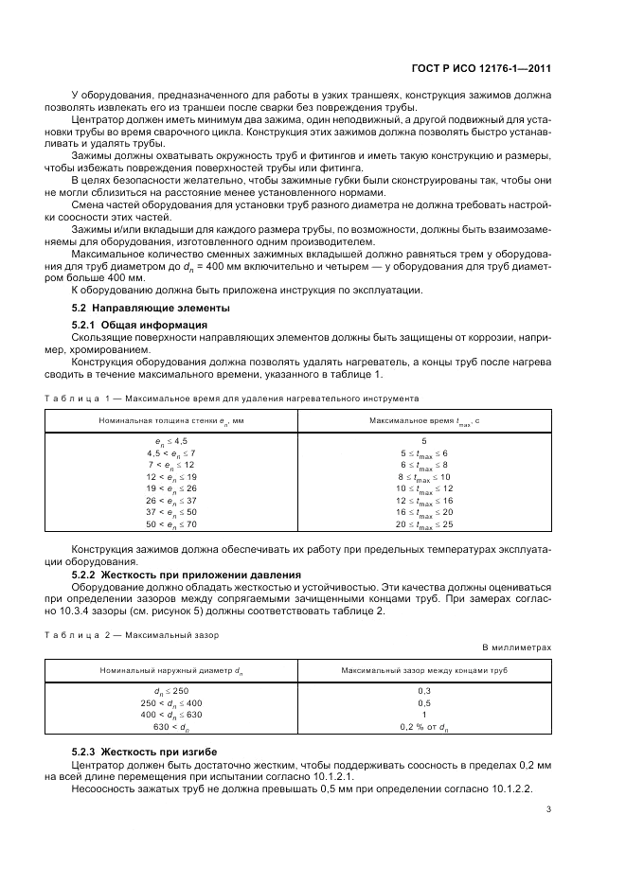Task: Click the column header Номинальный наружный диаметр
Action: (171, 670)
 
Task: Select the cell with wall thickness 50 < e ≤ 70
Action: (171, 523)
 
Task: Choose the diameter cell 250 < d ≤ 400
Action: (171, 703)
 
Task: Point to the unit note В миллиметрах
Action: (517, 647)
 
